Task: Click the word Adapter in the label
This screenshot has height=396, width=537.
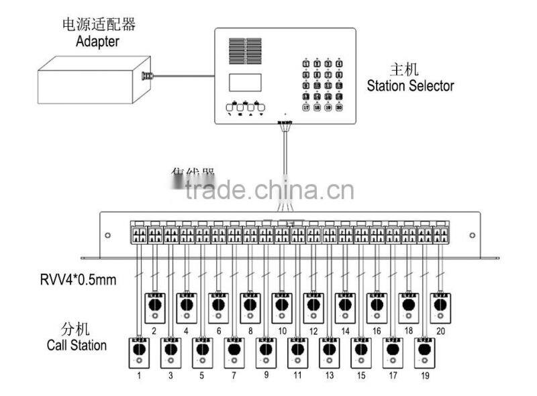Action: coord(98,41)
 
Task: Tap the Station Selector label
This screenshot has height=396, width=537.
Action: coord(410,86)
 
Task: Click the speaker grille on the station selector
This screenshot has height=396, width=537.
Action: coord(244,50)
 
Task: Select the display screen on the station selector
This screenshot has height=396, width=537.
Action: coord(244,82)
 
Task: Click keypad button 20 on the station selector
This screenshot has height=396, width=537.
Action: coord(338,106)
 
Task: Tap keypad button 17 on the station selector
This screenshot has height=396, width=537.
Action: coord(306,106)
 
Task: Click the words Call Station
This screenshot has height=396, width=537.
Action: coord(77,346)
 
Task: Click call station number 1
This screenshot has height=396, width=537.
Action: coord(139,353)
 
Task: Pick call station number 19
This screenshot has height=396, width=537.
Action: coord(424,353)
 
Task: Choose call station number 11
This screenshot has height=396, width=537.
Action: coord(297,353)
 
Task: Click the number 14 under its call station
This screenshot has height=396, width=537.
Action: coord(345,331)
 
